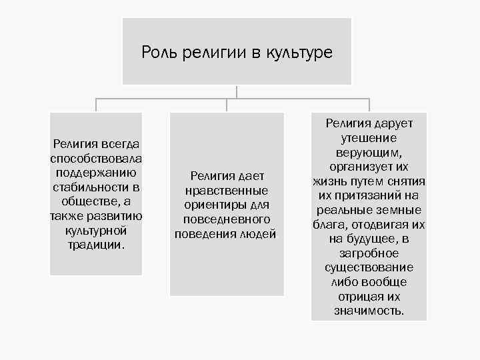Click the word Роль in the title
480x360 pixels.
(x=157, y=52)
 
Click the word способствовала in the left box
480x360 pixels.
(x=96, y=159)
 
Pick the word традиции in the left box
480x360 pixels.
(x=95, y=245)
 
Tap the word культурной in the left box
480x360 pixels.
(x=96, y=231)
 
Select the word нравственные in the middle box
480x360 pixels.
(x=227, y=190)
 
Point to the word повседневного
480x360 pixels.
(x=227, y=219)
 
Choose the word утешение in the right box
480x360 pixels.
(x=369, y=138)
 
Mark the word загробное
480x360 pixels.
(x=369, y=253)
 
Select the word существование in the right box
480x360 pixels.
(x=369, y=267)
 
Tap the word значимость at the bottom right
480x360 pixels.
(x=369, y=311)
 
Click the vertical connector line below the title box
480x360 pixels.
(x=237, y=92)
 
